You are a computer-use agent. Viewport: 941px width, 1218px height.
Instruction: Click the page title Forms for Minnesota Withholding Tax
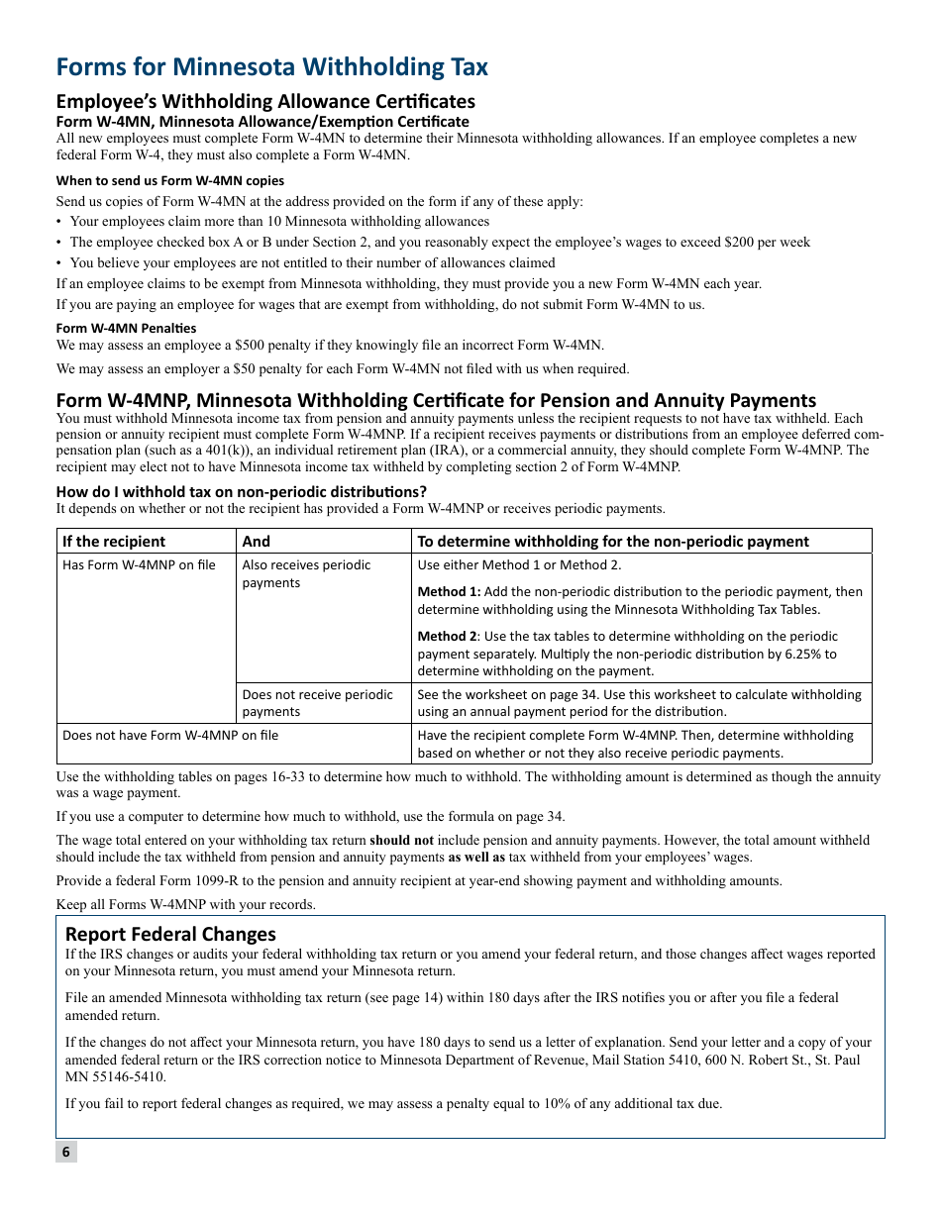(271, 66)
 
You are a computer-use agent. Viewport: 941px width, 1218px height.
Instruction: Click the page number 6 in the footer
(65, 1151)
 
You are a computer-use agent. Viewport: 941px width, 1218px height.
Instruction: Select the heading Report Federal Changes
(170, 934)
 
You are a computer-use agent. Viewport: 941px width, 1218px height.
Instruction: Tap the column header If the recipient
(114, 541)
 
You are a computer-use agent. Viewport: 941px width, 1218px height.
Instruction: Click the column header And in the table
(256, 541)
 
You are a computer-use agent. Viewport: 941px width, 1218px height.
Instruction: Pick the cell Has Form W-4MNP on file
(139, 564)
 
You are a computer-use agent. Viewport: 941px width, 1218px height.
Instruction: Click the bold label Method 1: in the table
(449, 591)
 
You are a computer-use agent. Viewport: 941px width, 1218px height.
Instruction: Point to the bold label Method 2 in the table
(446, 636)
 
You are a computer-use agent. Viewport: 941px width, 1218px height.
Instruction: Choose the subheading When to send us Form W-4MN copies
(169, 180)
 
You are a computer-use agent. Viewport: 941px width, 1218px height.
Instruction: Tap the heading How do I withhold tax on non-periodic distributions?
(241, 491)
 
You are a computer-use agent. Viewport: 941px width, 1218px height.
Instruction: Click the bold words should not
(401, 840)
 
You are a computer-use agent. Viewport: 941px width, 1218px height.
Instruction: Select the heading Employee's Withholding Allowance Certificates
(265, 101)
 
